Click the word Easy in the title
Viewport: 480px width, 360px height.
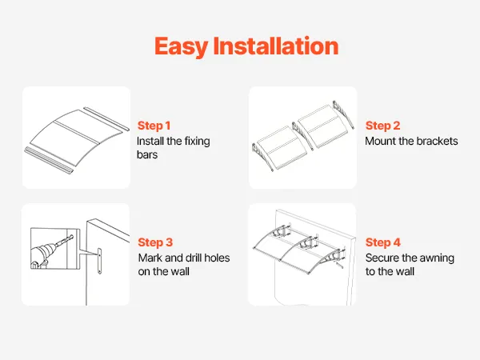coord(182,46)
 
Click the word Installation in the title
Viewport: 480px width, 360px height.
coord(275,46)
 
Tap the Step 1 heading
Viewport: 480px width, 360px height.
coord(154,126)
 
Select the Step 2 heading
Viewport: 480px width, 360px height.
coord(382,126)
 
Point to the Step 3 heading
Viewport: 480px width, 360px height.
coord(155,242)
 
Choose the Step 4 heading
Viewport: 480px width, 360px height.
coord(383,242)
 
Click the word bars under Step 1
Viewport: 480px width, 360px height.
coord(147,154)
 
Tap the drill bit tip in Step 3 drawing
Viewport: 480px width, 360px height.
coord(72,236)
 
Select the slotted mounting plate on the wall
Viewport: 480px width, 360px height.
coord(99,261)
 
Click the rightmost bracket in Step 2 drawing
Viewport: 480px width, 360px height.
coord(343,114)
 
